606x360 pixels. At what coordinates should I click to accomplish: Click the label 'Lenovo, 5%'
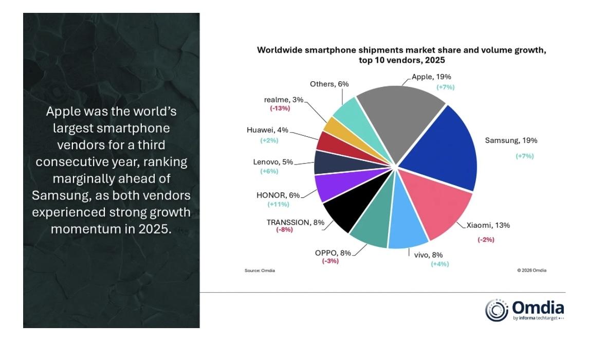(273, 162)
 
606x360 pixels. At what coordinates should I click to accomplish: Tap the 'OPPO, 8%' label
(333, 253)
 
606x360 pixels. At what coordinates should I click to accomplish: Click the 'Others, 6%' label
(329, 84)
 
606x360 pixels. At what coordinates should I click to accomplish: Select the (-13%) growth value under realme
(280, 109)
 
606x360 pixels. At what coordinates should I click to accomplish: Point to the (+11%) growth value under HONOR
(278, 204)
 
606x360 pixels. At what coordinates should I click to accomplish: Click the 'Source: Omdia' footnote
(260, 271)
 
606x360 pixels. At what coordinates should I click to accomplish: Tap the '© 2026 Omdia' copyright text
(531, 271)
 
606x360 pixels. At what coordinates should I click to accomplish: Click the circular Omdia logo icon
(496, 310)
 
